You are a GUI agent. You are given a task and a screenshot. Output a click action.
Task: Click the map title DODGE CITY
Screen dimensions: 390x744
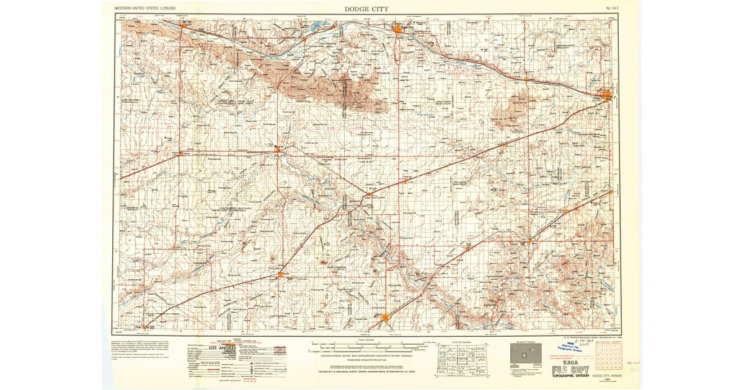point(366,9)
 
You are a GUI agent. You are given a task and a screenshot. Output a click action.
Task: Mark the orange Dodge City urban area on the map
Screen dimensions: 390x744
point(607,95)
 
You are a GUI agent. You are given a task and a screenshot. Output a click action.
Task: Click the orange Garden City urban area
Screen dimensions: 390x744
point(397,27)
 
